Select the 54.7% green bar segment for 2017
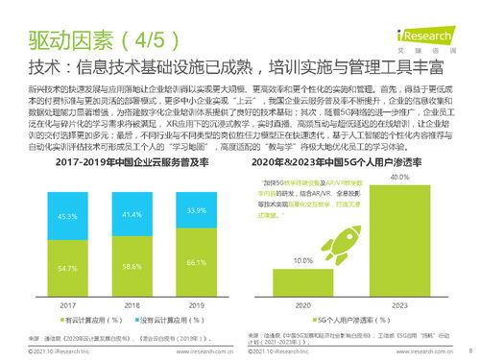click(68, 268)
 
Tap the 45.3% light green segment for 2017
click(68, 217)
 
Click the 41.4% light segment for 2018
click(132, 214)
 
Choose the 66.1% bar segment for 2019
click(196, 261)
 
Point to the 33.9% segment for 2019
click(196, 210)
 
